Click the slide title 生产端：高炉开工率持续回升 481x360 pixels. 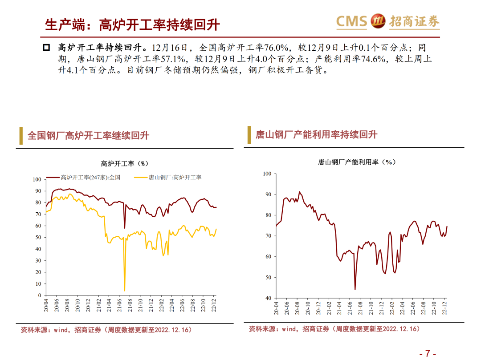pyautogui.click(x=132, y=24)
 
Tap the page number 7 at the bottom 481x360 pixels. pyautogui.click(x=428, y=353)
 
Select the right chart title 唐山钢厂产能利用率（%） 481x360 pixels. pyautogui.click(x=356, y=162)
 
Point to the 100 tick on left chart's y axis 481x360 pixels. pyautogui.click(x=37, y=179)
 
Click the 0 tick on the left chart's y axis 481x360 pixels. pyautogui.click(x=39, y=295)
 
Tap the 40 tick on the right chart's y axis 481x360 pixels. pyautogui.click(x=267, y=298)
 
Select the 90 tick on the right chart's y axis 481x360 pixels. pyautogui.click(x=267, y=194)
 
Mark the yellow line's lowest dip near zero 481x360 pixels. pyautogui.click(x=125, y=290)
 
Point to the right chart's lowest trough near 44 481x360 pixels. pyautogui.click(x=355, y=289)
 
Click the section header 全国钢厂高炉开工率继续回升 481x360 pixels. pyautogui.click(x=88, y=135)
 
